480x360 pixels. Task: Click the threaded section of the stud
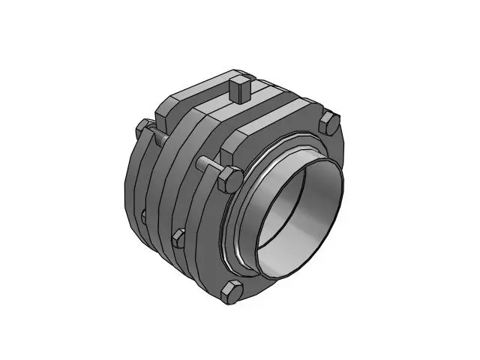pos(159,139)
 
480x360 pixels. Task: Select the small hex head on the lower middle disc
pos(178,238)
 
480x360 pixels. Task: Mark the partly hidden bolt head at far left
pos(142,217)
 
